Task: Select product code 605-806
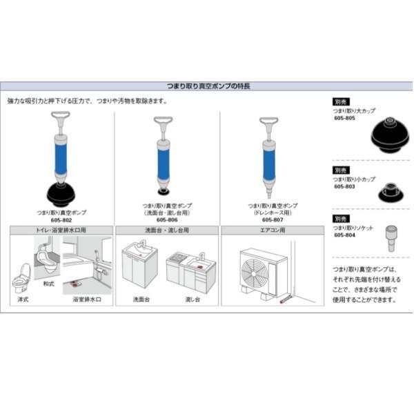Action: pyautogui.click(x=167, y=219)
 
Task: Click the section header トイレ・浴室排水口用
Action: pyautogui.click(x=61, y=230)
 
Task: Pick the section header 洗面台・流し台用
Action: pyautogui.click(x=167, y=230)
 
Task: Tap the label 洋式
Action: pyautogui.click(x=23, y=299)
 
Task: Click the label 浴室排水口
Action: pyautogui.click(x=86, y=299)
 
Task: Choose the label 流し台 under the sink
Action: pyautogui.click(x=192, y=299)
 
